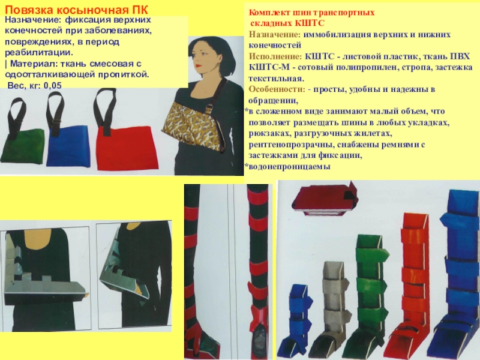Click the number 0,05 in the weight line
(52, 85)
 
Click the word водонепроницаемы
(289, 167)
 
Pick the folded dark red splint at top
(325, 199)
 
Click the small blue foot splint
(297, 322)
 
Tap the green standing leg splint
(369, 294)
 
